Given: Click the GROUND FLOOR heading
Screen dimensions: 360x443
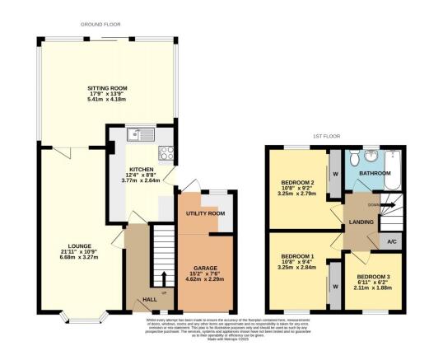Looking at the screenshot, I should tap(100, 25).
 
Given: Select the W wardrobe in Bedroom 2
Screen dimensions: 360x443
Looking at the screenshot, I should tap(335, 174).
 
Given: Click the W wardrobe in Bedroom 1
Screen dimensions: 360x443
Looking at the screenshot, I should tap(335, 286).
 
